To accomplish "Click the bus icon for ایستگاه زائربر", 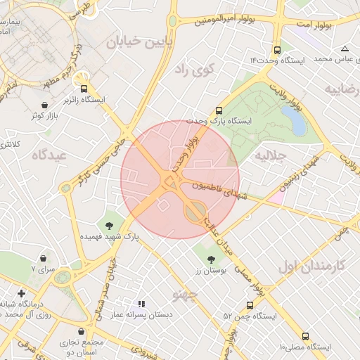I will (84, 89).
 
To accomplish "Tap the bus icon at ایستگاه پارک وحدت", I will (219, 110).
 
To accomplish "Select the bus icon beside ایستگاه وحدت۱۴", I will (277, 51).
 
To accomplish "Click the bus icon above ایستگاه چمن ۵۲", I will (250, 305).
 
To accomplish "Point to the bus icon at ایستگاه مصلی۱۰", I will (305, 336).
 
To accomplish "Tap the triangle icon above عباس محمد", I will (345, 49).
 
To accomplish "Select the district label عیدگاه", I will (49, 155).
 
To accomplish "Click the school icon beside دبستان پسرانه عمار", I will (141, 304).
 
